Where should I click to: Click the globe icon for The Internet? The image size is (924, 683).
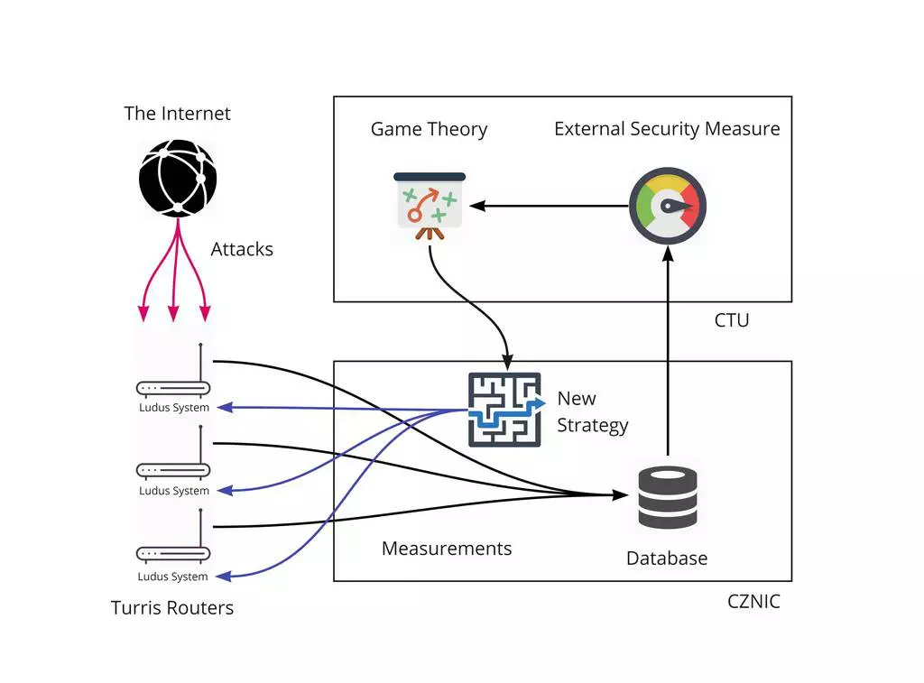click(x=178, y=178)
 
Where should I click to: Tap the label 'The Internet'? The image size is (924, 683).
click(x=177, y=114)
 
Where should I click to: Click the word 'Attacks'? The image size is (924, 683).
click(x=242, y=250)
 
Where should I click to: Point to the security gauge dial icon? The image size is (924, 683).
click(x=667, y=207)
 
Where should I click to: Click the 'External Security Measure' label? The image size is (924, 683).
click(x=667, y=129)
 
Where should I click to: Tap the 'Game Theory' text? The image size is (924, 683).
click(x=429, y=129)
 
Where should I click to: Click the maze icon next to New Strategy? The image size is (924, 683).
click(x=505, y=410)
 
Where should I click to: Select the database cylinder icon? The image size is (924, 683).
click(x=667, y=497)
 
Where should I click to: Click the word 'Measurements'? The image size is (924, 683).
click(x=447, y=549)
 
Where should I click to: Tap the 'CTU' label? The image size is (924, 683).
click(x=731, y=320)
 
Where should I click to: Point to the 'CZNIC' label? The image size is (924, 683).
click(x=753, y=601)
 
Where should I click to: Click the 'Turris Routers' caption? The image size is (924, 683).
click(x=172, y=608)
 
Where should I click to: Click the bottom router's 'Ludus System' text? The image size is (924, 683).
click(x=172, y=577)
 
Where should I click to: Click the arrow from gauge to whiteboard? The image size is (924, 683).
click(x=550, y=207)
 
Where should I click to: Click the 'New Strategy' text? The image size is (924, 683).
click(x=592, y=411)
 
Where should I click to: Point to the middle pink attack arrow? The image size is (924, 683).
click(x=174, y=280)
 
